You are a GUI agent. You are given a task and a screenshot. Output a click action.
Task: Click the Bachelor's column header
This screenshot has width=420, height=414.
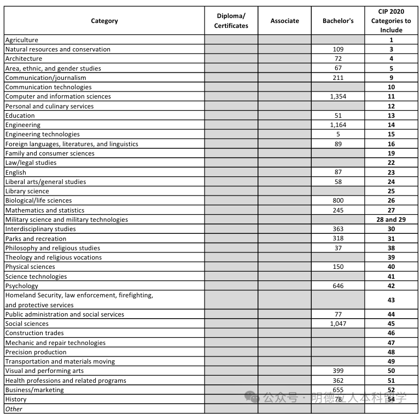coord(338,21)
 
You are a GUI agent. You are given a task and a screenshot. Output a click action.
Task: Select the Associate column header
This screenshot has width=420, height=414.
coord(284,21)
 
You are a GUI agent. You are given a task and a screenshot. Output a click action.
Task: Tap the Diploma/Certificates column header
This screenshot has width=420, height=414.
coord(231,21)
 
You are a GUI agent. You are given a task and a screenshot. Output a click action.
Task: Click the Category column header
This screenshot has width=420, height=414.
coord(104,21)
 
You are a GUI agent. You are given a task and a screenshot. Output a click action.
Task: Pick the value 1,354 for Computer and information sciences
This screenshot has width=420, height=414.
coord(338,96)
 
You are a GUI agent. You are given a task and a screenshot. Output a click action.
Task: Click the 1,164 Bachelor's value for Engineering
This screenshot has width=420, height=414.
coord(338,125)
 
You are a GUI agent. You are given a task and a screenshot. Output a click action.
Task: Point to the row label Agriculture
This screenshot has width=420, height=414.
coord(22,40)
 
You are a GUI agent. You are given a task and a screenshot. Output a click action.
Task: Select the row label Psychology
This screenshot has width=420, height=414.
coord(22,286)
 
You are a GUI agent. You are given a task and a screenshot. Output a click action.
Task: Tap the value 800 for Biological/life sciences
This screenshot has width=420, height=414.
coord(338,200)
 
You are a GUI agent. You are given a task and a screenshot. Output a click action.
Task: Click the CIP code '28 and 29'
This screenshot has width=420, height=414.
coord(391,220)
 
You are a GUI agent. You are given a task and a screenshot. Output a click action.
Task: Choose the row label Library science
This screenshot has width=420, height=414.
coord(27,191)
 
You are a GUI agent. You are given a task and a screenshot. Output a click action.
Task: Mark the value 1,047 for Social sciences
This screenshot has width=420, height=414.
coord(338,324)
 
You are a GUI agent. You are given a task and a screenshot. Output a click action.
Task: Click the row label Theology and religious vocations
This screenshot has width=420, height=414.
coord(53,257)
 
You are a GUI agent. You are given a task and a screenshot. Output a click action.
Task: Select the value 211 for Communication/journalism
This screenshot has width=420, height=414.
coord(338,78)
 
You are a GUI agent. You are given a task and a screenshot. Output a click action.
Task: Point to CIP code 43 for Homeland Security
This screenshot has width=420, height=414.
coord(391,300)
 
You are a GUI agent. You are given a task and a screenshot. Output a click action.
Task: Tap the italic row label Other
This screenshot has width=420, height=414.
coord(14,409)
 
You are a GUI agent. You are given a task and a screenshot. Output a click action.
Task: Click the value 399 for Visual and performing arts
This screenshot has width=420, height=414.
coord(338,371)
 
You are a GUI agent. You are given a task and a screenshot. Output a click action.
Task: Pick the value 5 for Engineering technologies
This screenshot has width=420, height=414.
coord(338,134)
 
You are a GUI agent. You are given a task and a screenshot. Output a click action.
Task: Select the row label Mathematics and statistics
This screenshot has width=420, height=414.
coord(45,210)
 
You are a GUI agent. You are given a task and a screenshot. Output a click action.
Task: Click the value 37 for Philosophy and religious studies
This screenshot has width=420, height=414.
coord(338,248)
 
